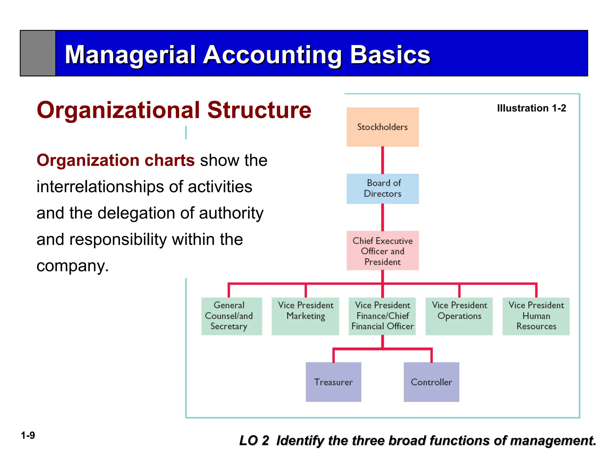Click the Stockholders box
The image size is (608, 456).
[x=382, y=127]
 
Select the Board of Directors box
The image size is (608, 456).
[x=382, y=189]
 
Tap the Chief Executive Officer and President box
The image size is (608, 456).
[x=382, y=251]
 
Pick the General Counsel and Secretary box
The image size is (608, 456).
[x=232, y=316]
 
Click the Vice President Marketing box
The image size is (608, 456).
[x=305, y=316]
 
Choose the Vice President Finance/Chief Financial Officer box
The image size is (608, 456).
[x=382, y=316]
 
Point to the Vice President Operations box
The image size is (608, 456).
[x=459, y=316]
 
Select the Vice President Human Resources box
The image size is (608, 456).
[x=536, y=316]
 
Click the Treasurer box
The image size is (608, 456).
[x=333, y=382]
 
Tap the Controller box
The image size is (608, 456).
[x=431, y=382]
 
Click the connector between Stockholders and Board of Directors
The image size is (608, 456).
[x=382, y=160]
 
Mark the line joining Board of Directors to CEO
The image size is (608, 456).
[x=382, y=217]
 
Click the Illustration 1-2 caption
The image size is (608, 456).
[x=531, y=108]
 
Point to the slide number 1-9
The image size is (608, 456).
[x=28, y=436]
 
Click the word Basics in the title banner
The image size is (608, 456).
[x=390, y=55]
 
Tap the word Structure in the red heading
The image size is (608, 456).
[x=259, y=110]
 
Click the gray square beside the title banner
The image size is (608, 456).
[x=38, y=53]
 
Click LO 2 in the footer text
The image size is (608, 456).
[x=254, y=441]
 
